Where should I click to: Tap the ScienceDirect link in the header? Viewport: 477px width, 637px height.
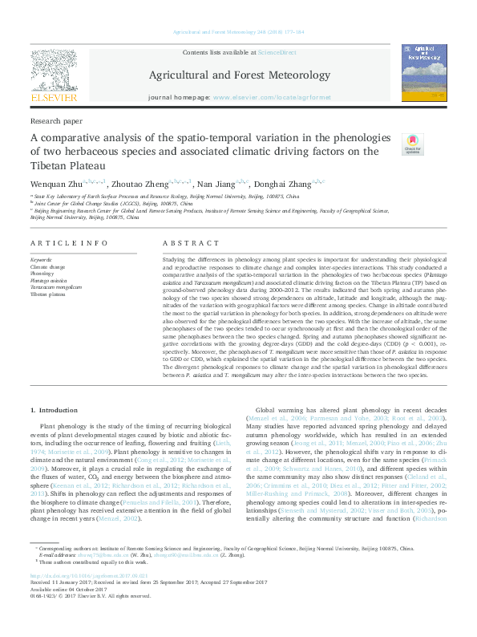(x=277, y=51)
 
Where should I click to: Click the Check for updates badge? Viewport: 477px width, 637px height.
(x=412, y=144)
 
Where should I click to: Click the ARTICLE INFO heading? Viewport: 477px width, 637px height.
(x=69, y=243)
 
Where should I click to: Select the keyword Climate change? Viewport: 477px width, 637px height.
(x=49, y=266)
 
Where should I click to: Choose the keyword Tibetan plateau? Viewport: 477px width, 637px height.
(x=50, y=294)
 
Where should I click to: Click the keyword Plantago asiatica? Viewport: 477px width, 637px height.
(x=50, y=281)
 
